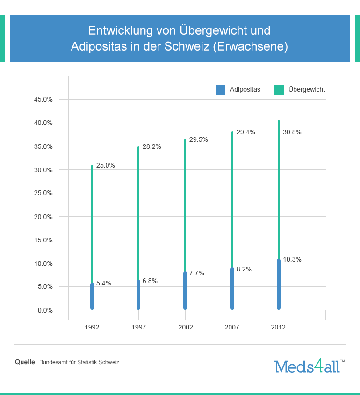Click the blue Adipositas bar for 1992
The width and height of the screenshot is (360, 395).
[92, 297]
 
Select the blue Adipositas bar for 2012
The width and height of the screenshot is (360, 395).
[279, 285]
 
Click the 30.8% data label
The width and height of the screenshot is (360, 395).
[292, 132]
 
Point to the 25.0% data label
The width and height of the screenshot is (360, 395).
[105, 165]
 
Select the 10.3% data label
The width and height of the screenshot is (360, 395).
[292, 259]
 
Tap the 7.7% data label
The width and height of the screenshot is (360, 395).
[197, 273]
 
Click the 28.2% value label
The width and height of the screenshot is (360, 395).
[151, 146]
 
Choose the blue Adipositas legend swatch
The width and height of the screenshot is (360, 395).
[221, 90]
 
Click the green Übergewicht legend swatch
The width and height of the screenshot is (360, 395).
[279, 90]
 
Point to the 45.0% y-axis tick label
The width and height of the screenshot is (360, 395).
[43, 99]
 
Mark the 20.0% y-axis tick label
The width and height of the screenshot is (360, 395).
[43, 217]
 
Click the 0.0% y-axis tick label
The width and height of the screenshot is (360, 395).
[45, 310]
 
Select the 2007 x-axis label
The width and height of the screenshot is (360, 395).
[232, 327]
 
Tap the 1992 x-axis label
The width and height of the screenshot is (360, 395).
[92, 327]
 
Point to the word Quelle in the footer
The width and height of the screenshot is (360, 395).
[26, 362]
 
